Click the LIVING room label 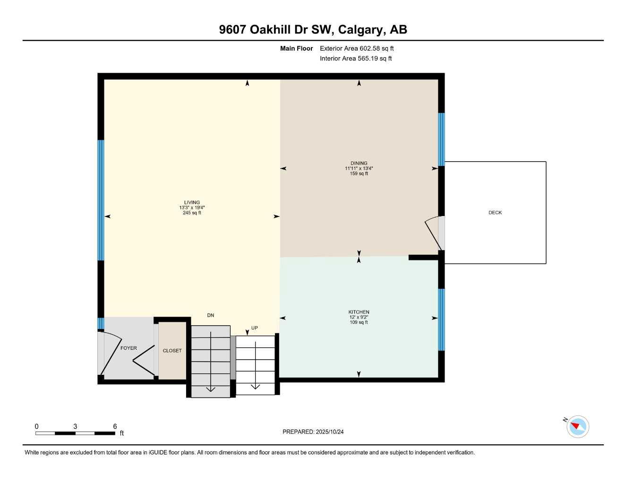tap(192, 202)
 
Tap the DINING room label tap(359, 163)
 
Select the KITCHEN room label tap(359, 312)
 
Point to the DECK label tap(495, 213)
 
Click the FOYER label tap(129, 348)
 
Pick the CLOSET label tap(172, 351)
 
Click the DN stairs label tap(211, 315)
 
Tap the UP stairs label tap(254, 328)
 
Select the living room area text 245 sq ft tap(192, 213)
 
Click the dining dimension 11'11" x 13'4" tap(359, 168)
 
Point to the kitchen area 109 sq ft tap(359, 322)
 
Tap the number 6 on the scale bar tap(115, 426)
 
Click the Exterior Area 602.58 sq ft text tap(357, 48)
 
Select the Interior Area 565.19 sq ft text tap(356, 59)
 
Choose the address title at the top tap(313, 29)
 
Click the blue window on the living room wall tap(101, 200)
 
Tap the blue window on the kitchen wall tap(441, 320)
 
